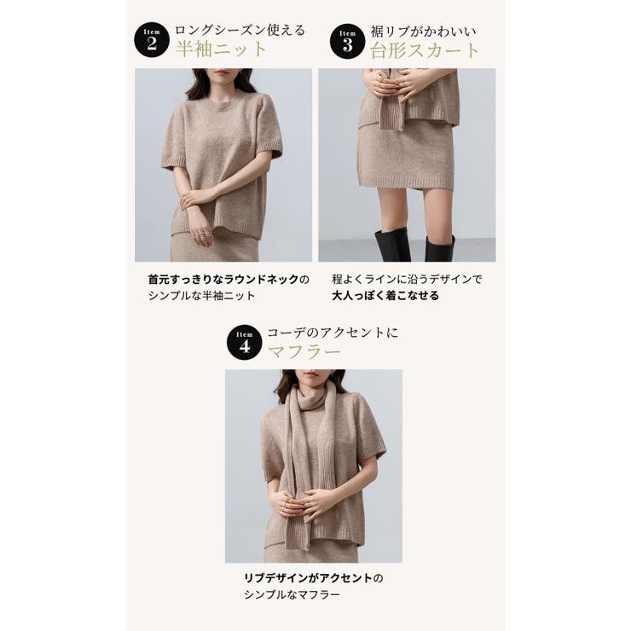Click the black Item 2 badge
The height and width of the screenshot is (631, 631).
[152, 40]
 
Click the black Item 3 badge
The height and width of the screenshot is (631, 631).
[347, 40]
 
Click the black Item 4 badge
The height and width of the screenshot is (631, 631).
[245, 342]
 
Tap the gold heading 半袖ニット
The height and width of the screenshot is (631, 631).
[222, 49]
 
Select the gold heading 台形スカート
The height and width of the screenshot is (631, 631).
[425, 49]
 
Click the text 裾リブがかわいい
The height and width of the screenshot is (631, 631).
[423, 31]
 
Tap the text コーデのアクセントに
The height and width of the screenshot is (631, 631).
[333, 332]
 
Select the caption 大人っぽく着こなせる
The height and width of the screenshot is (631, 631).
[385, 296]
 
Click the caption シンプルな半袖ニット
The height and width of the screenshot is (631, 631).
[202, 296]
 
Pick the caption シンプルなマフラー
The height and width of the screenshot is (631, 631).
[292, 594]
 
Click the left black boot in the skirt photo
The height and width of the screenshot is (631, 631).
[392, 245]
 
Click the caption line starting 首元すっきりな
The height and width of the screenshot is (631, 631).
[229, 279]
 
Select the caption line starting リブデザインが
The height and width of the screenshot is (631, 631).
[313, 577]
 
